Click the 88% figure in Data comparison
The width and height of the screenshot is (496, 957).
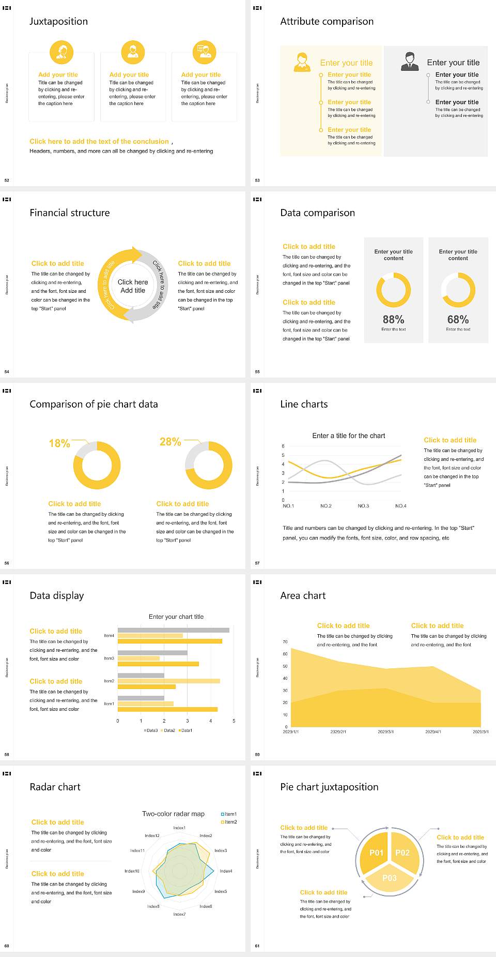point(393,320)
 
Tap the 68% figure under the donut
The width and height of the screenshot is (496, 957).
point(458,320)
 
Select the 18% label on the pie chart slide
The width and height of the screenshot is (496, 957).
point(59,443)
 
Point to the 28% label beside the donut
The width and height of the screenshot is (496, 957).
point(170,442)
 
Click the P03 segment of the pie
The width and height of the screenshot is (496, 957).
point(390,878)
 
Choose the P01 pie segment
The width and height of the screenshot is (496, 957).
point(376,853)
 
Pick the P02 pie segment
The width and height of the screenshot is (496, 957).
point(402,853)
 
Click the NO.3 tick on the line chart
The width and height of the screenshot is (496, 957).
point(363,506)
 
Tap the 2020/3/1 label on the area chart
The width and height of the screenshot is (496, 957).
point(385,732)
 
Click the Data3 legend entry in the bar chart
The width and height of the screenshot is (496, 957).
point(151,730)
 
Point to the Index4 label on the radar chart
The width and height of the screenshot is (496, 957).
point(226,871)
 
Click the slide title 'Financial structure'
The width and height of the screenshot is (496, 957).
point(70,213)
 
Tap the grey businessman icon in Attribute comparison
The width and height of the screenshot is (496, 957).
point(410,62)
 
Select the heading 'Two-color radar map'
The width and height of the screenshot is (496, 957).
point(173,814)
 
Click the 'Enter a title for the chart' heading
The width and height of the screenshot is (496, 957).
point(349,436)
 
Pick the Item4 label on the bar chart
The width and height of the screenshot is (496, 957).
point(109,635)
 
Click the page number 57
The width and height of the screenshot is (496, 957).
point(257,563)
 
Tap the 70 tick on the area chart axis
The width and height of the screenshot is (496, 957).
point(285,642)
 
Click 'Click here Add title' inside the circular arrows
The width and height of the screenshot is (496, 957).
point(133,286)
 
